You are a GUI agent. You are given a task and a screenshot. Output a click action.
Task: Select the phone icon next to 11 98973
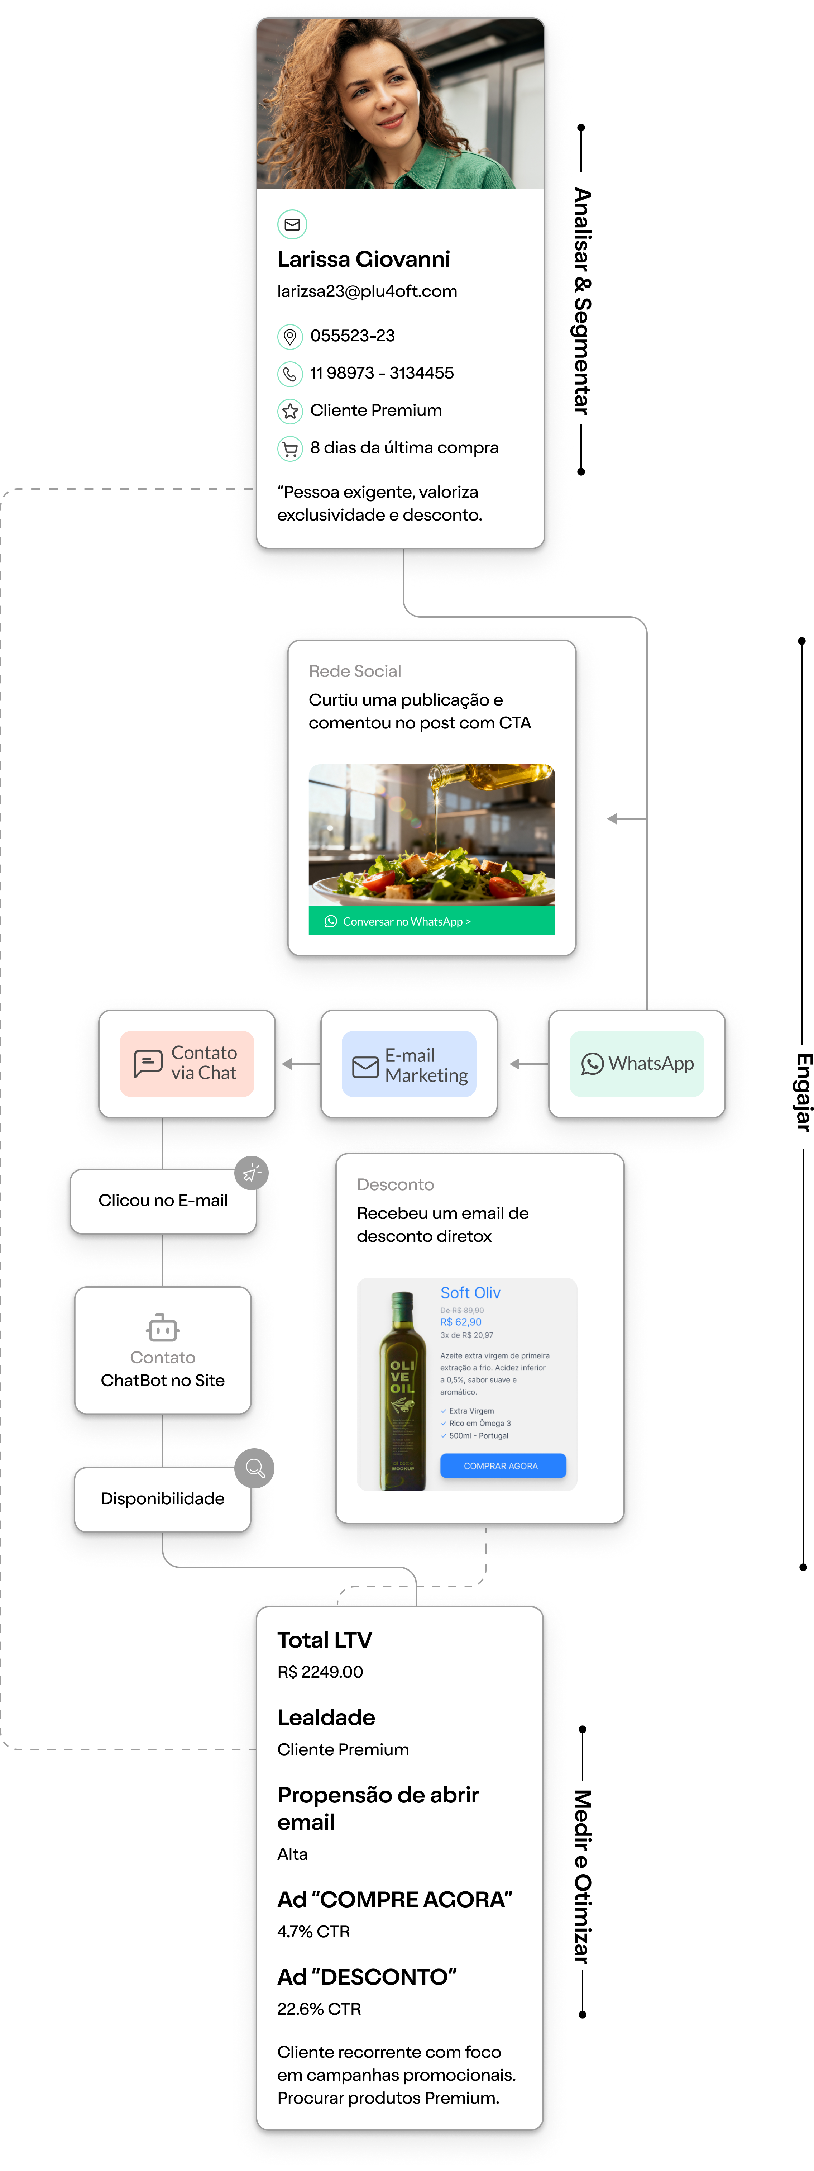[290, 373]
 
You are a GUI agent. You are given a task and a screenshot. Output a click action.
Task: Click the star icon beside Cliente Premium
[290, 411]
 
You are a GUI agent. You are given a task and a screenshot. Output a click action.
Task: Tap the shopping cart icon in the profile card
[290, 448]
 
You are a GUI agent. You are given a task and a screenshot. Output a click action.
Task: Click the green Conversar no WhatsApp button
[431, 921]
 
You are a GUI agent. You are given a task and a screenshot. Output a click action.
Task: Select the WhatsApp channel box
[637, 1064]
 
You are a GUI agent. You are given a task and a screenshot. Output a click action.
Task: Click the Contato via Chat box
[187, 1064]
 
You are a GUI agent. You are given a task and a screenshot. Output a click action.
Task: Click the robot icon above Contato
[163, 1328]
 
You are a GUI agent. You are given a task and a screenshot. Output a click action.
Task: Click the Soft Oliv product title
[470, 1293]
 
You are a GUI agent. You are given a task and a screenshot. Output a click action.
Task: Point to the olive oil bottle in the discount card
[402, 1391]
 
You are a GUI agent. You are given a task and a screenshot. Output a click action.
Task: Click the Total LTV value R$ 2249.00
[320, 1672]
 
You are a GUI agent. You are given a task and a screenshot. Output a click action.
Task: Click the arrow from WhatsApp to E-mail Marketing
[528, 1064]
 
